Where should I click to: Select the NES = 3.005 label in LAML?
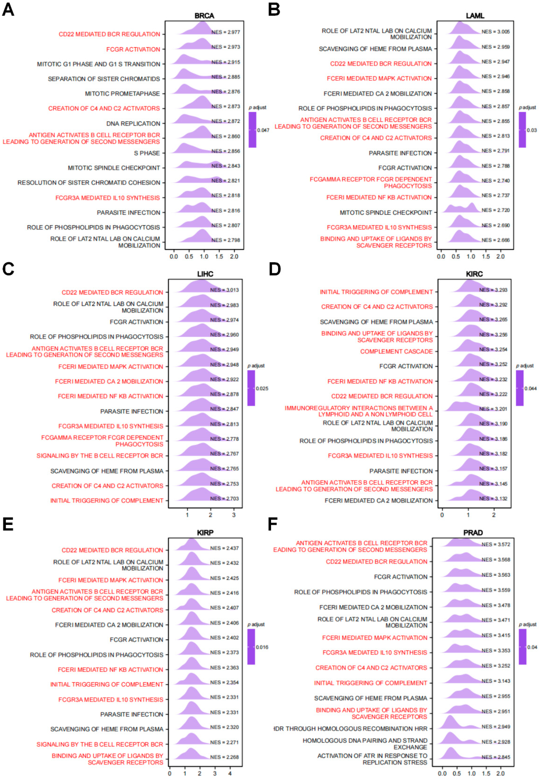click(496, 32)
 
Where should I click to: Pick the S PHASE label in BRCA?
click(147, 153)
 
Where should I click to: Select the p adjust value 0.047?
click(263, 130)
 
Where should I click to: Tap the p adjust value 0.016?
click(262, 647)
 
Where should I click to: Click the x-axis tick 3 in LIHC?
click(234, 515)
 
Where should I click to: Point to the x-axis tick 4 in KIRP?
click(230, 774)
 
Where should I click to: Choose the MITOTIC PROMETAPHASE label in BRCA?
click(122, 93)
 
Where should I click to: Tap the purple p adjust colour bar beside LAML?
click(522, 130)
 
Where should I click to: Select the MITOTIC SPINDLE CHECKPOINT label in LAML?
click(386, 213)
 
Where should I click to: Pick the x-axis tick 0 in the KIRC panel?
click(442, 515)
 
